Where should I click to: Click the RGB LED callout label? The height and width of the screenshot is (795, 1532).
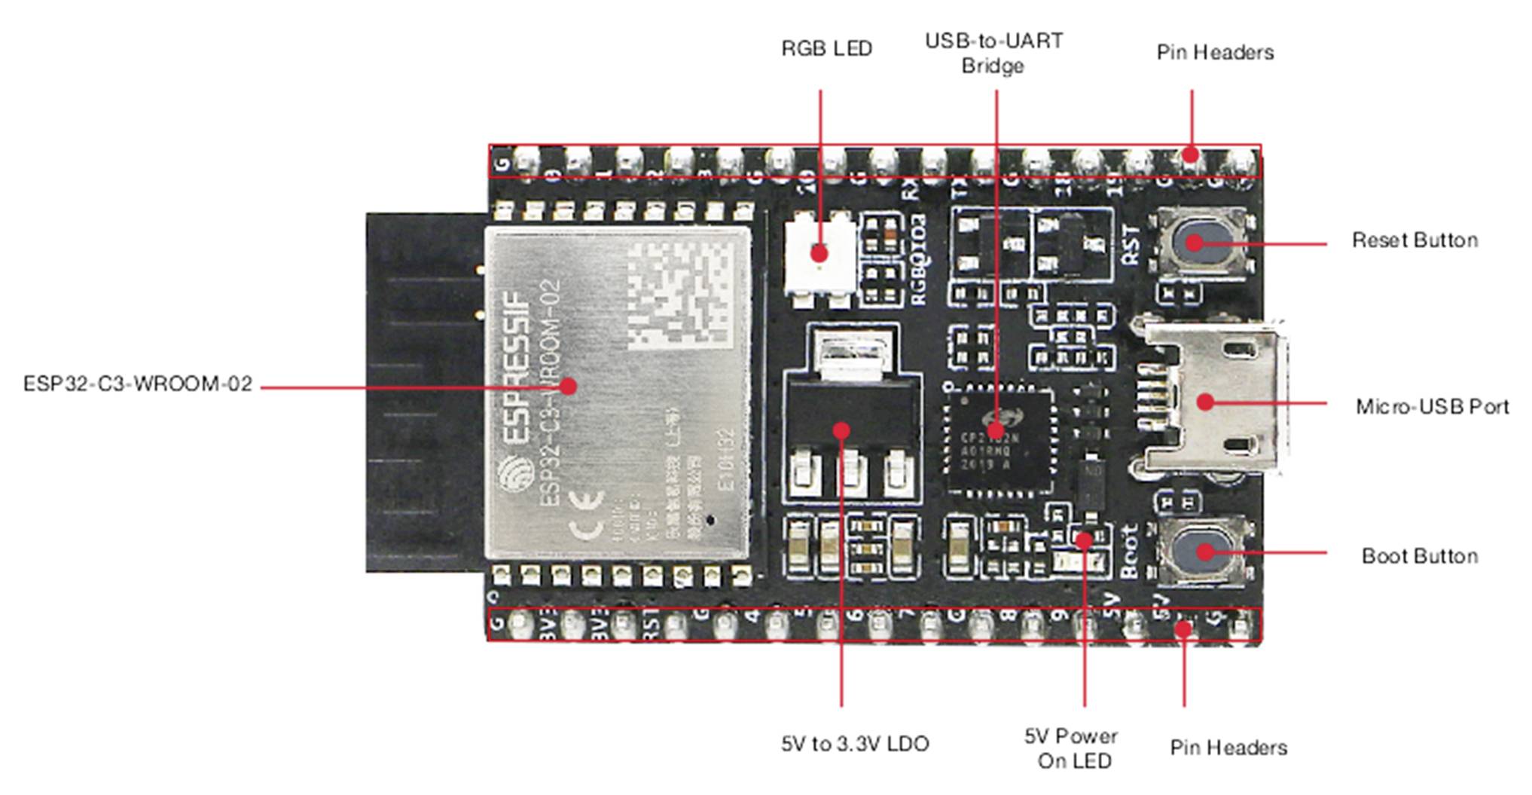[826, 49]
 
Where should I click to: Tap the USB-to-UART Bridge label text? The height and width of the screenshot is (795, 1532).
[993, 53]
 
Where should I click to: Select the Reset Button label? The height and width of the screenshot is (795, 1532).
[1415, 240]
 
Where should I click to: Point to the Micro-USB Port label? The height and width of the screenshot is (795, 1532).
[1432, 407]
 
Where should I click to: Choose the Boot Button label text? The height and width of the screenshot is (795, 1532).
[1420, 556]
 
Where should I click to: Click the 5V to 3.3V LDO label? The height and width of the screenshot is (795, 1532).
[855, 744]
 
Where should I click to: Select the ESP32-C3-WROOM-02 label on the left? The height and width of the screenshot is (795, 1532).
[138, 384]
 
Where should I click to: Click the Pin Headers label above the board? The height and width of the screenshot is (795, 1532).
[1215, 53]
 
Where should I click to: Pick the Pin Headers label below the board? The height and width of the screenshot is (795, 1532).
[1228, 748]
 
